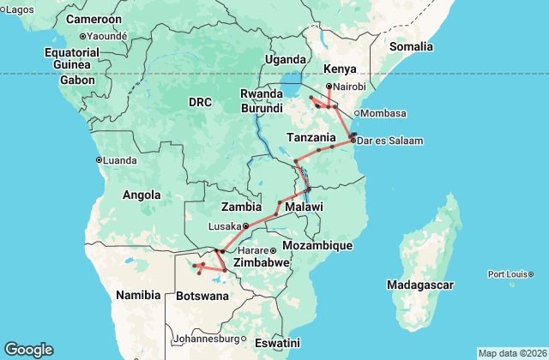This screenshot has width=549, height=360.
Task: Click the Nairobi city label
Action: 350,87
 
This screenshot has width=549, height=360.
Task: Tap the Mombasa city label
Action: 381,114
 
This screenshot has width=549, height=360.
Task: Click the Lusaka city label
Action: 226,226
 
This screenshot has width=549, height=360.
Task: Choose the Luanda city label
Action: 119,159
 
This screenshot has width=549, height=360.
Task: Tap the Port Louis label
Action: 511,274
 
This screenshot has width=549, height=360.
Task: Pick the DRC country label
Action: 200,102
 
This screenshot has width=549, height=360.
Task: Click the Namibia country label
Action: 137,295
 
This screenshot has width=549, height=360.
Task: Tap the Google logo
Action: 28,349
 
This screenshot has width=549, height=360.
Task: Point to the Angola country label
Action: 142,195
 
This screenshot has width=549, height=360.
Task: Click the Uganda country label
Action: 286,59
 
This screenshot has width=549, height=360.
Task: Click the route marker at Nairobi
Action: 329,87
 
